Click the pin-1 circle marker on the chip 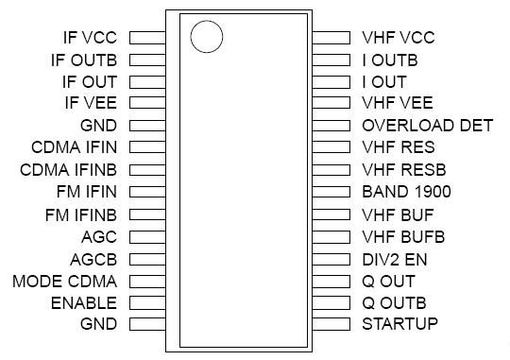206,37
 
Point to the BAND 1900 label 407,192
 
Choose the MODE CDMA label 64,281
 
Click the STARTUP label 399,324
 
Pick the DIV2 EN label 396,258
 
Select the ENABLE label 85,302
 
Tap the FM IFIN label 86,192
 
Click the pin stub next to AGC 148,236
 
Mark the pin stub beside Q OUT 331,281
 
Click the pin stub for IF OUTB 148,60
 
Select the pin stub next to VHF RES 331,148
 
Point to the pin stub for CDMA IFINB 148,170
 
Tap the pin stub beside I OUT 331,82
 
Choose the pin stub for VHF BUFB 331,236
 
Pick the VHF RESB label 403,170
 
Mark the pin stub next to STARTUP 331,324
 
